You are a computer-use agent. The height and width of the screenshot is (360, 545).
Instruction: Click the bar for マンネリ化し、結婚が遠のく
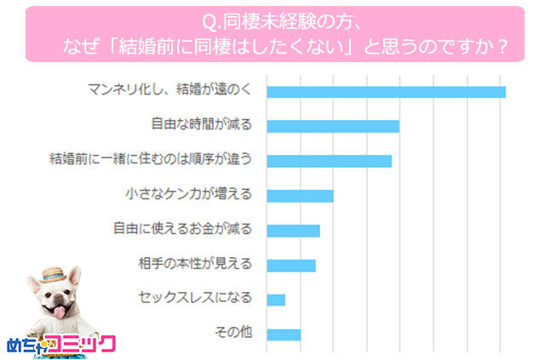(386, 92)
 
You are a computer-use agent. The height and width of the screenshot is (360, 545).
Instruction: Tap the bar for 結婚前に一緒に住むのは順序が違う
(329, 161)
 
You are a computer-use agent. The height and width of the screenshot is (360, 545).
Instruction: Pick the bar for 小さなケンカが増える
(300, 196)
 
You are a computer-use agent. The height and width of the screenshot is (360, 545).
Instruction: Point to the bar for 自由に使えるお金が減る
(293, 231)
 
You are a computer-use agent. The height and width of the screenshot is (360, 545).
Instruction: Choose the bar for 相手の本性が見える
(291, 265)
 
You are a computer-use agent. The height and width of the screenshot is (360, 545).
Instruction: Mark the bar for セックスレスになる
(276, 300)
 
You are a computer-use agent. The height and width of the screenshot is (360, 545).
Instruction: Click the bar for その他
(284, 334)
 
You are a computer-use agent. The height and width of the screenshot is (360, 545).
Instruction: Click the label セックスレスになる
(195, 299)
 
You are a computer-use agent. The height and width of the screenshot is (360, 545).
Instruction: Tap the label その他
(235, 333)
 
